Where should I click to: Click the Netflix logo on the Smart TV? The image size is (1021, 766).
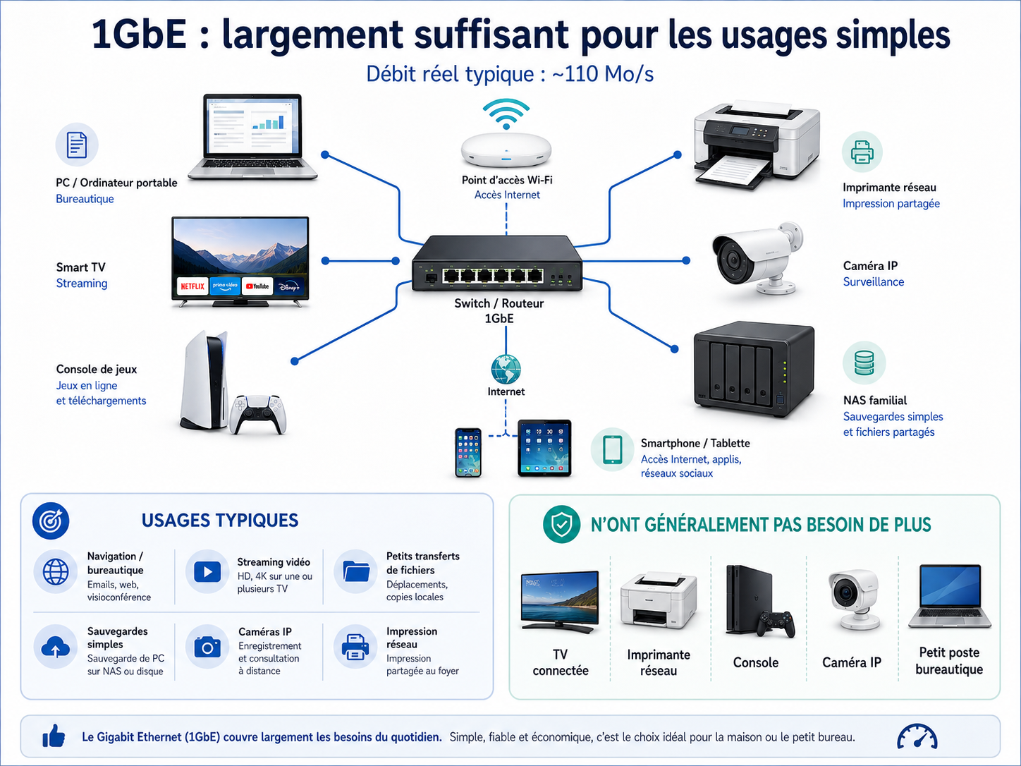point(192,286)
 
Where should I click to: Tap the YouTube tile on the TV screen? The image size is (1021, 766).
point(257,286)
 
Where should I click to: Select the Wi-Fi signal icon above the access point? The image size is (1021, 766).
point(506,114)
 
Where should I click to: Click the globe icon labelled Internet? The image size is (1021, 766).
point(506,370)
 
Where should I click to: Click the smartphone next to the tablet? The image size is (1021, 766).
point(468,453)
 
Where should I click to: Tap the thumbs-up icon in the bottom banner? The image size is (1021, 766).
point(54,736)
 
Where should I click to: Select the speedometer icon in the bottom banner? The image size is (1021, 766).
point(917,737)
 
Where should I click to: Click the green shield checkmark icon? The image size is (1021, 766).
point(561,524)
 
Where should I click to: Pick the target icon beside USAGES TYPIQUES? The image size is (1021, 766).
point(51,521)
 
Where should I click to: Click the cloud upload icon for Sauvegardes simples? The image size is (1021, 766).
point(56,647)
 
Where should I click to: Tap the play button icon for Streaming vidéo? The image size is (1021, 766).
point(207,571)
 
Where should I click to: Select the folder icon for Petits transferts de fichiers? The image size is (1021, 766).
point(356,571)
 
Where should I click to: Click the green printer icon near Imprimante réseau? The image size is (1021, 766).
point(862,152)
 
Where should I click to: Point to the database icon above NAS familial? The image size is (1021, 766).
point(864,363)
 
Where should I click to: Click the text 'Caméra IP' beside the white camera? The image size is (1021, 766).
point(870,266)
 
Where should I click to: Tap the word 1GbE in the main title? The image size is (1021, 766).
point(139,35)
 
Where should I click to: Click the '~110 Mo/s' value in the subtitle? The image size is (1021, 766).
point(603,74)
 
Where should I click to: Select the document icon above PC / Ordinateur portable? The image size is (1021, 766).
point(77,145)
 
